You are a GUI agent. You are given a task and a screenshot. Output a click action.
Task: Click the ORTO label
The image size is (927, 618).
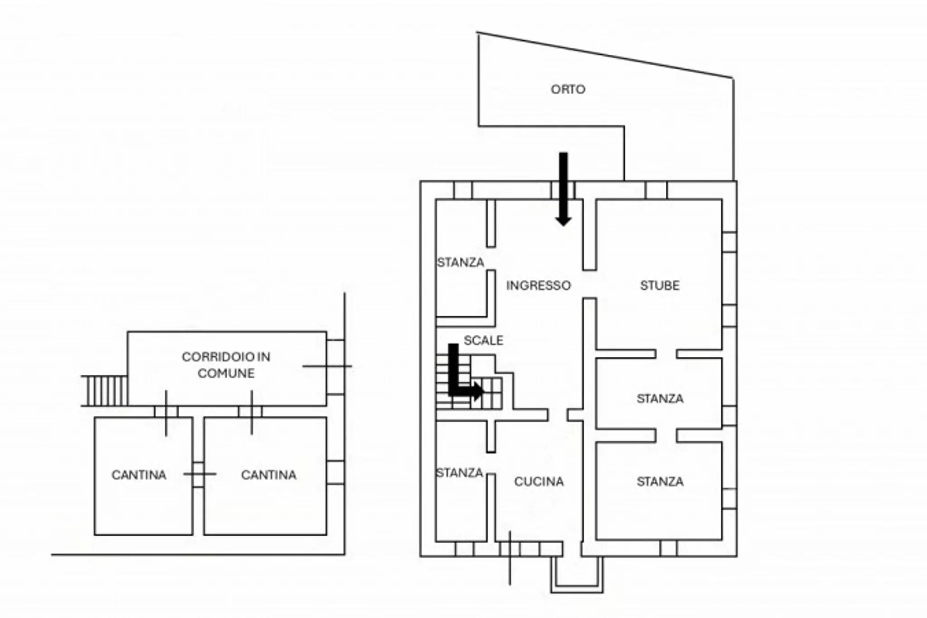[568, 89]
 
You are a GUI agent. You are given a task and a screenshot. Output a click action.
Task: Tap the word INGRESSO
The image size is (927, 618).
[538, 285]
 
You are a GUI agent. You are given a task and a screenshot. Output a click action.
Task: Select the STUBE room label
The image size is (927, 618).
[659, 285]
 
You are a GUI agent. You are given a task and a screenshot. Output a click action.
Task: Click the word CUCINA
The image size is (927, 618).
[539, 481]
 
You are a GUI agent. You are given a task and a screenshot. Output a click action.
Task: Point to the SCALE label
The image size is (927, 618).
[483, 340]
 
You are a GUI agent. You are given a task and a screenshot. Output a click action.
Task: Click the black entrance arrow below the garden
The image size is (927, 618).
[563, 189]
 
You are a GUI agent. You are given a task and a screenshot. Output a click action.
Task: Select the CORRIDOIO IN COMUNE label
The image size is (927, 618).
[226, 365]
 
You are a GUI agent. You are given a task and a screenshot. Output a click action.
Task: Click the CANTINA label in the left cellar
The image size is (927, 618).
[139, 474]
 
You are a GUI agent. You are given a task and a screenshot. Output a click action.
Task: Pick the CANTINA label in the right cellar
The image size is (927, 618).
[268, 474]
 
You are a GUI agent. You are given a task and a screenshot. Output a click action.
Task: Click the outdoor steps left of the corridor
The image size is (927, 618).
[105, 391]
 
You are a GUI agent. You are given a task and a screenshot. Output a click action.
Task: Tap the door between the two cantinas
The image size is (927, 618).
[198, 474]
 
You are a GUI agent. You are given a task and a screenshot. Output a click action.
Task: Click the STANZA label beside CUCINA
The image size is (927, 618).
[459, 473]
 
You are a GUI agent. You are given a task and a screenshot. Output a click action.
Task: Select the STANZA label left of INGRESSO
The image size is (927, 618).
[460, 262]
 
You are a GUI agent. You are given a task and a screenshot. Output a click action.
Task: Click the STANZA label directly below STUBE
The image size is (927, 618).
[660, 398]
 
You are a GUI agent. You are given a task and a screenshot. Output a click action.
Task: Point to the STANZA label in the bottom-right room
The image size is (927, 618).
[660, 481]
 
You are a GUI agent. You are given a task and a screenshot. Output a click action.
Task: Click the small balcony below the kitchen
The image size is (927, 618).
[577, 575]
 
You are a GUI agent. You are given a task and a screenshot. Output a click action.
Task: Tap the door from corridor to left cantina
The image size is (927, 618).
[166, 412]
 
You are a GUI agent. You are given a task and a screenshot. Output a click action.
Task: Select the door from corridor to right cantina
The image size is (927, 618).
[251, 412]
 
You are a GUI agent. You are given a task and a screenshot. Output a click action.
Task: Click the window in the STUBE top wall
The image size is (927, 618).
[656, 190]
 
